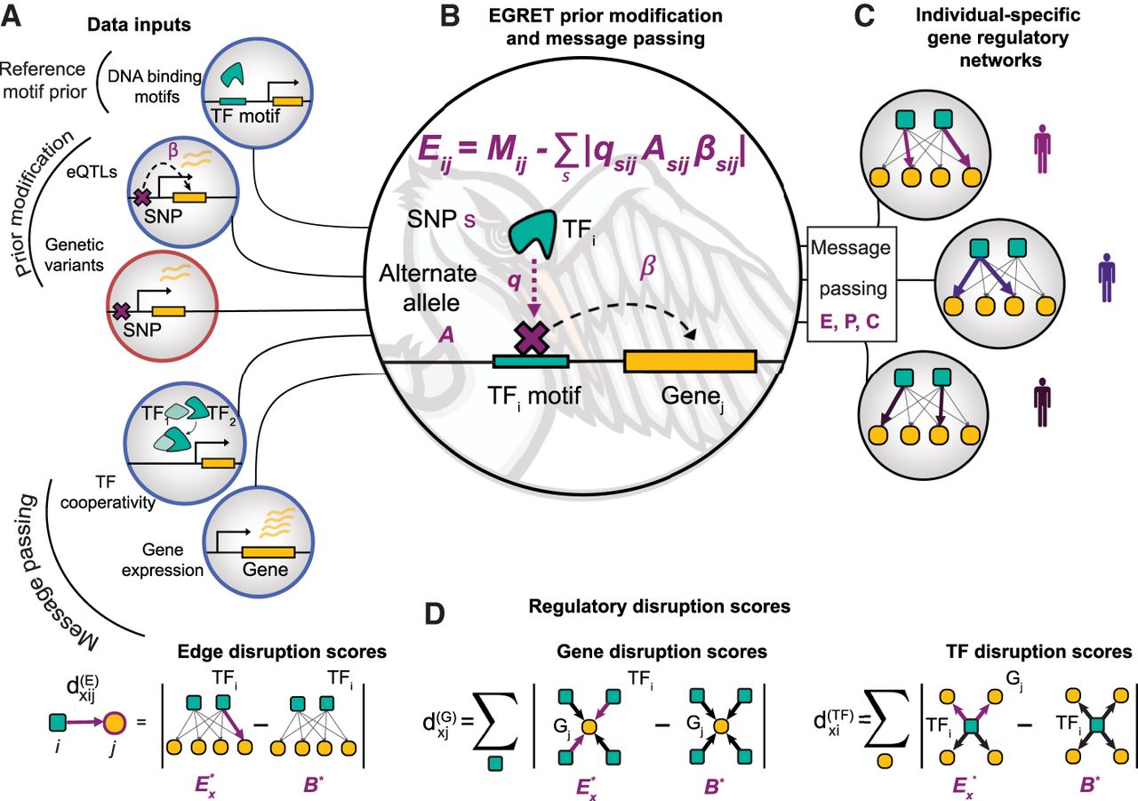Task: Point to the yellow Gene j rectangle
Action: (x=690, y=362)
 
